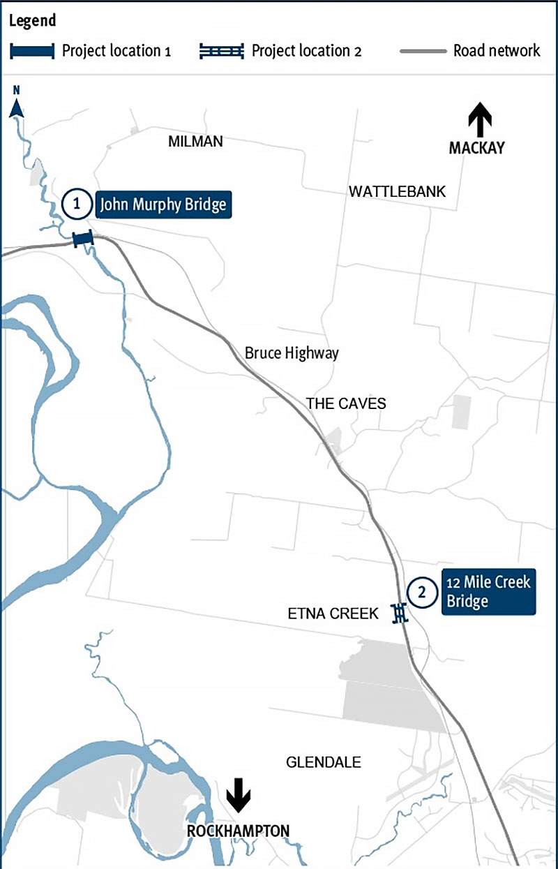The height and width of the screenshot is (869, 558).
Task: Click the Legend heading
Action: point(32,20)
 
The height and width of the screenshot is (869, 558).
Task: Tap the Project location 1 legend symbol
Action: point(31,51)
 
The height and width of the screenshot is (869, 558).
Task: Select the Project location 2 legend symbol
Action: point(222,51)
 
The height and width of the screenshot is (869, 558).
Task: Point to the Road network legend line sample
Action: point(423,51)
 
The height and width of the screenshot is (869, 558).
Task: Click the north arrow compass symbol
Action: point(17,105)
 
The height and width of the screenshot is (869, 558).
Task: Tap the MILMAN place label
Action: point(195,142)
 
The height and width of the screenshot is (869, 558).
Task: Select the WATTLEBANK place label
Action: point(397,191)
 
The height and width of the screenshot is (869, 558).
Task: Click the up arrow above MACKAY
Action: point(480,119)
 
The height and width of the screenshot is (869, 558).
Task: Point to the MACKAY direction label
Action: point(476,148)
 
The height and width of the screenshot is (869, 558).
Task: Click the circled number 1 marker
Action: point(76,205)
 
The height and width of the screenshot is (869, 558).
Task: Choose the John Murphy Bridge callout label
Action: point(163,205)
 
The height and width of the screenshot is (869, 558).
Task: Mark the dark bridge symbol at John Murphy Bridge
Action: point(83,239)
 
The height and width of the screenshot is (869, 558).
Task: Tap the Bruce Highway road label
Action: point(292,353)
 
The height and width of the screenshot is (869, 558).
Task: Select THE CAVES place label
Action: point(345,403)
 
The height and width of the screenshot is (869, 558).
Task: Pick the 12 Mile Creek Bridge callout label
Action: point(488,591)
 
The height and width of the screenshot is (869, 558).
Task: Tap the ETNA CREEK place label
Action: point(333,614)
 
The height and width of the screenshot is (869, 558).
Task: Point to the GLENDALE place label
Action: point(324,762)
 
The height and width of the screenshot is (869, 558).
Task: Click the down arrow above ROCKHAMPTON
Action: point(238,795)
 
